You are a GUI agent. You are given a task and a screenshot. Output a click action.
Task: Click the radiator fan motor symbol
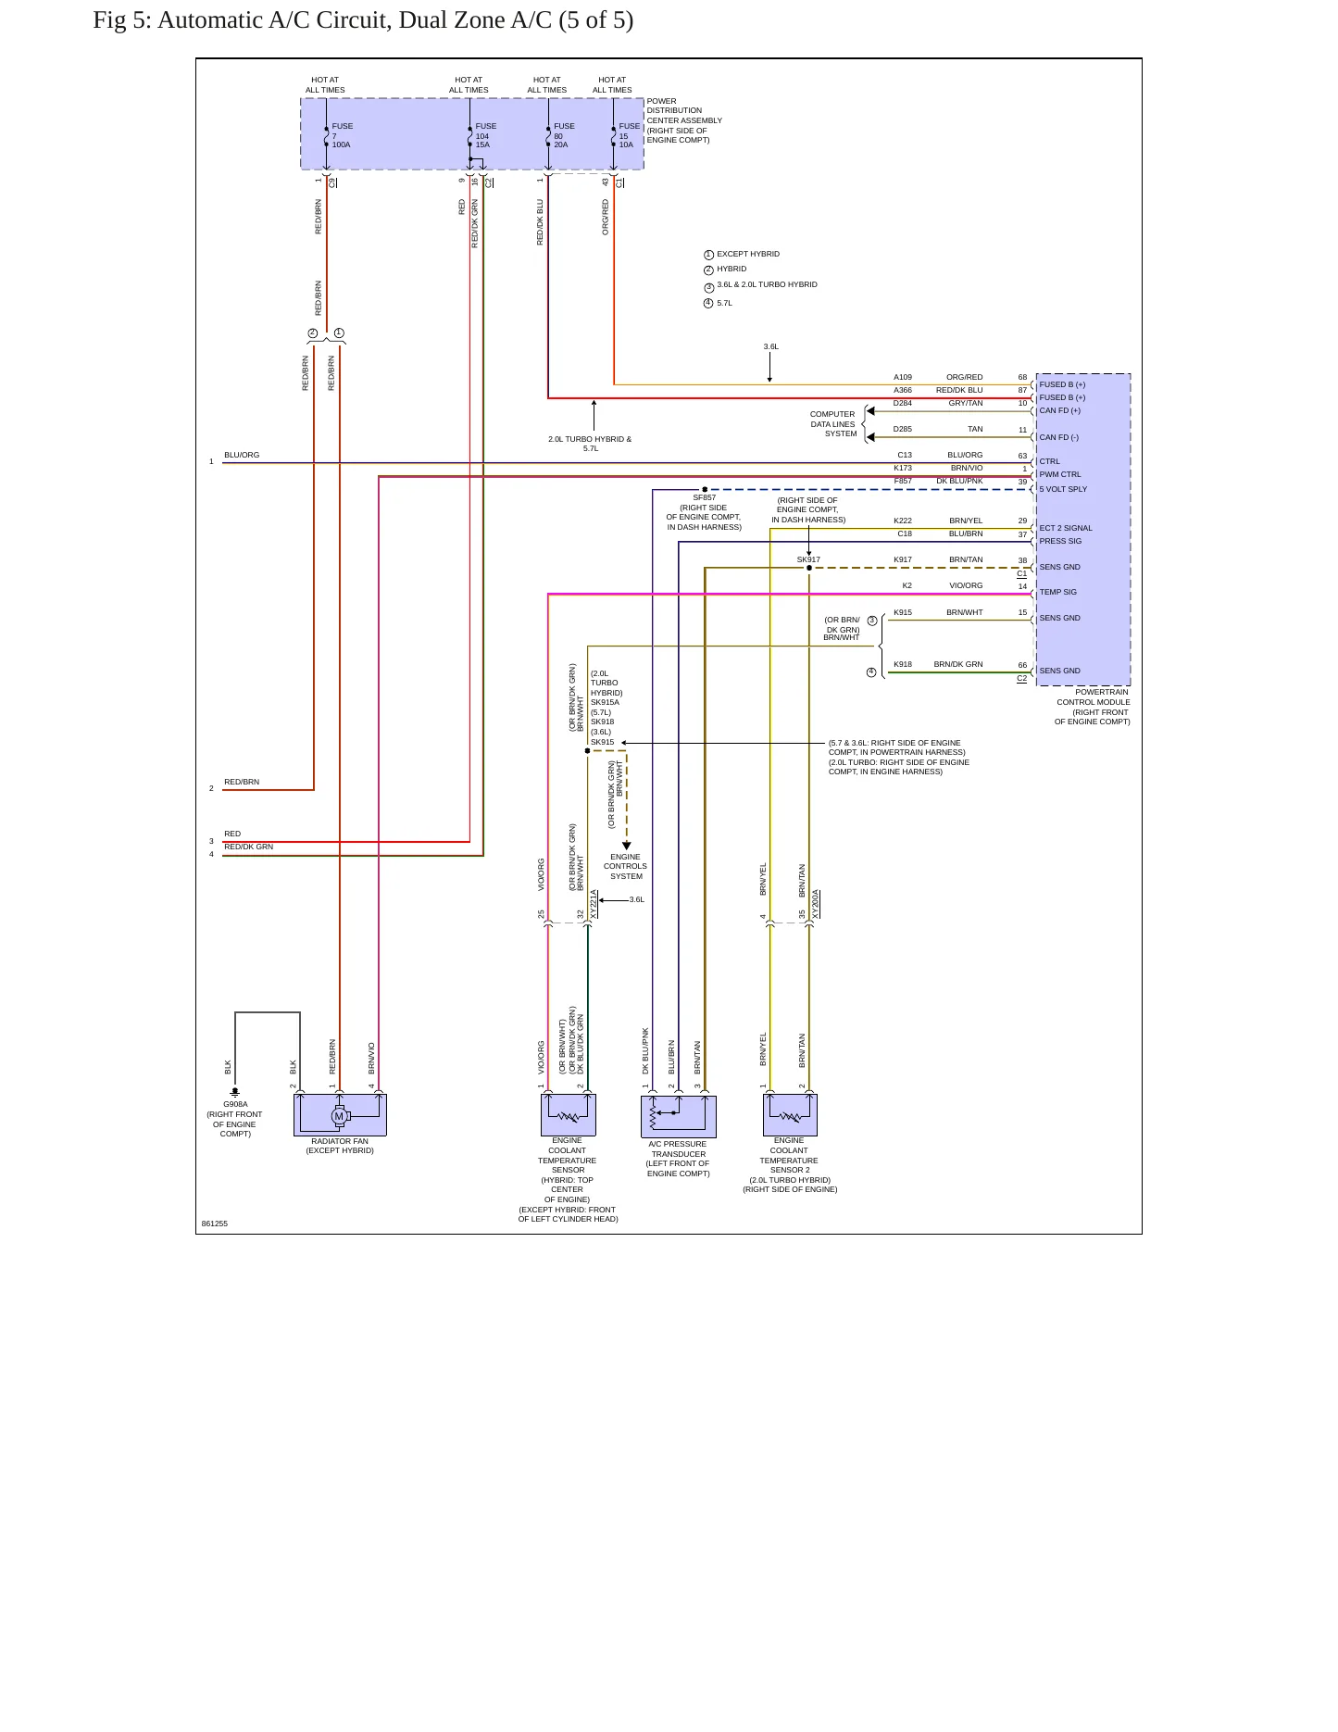339,1116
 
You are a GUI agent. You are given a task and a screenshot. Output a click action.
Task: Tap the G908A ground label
235,1104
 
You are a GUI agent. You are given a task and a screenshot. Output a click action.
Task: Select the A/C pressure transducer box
679,1116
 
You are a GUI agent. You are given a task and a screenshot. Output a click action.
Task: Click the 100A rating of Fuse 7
342,145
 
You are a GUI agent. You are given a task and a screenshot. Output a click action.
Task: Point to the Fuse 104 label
485,131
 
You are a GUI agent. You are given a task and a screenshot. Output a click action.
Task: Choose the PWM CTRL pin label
1060,474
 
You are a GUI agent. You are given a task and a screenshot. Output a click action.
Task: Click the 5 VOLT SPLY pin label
1063,489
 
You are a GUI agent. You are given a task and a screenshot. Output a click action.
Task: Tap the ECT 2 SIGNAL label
1066,528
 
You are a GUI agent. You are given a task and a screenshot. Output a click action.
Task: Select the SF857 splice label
705,498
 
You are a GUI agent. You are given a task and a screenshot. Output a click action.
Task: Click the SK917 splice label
808,559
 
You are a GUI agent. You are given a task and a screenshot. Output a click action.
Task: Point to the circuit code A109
903,377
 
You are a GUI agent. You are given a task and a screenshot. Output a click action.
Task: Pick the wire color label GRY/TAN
966,403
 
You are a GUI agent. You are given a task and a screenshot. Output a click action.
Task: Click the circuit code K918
903,664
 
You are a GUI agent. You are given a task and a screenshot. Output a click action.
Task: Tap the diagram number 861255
215,1224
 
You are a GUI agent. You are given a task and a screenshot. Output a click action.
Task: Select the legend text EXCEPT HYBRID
748,254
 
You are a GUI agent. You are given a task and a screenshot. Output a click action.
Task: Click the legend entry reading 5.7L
724,303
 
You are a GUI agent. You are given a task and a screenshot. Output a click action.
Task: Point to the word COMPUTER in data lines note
832,414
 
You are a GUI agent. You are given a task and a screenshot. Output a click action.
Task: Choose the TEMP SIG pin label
1058,592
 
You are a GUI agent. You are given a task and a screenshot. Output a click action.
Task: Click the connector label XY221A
594,904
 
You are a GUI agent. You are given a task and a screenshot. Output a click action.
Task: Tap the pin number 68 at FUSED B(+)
1022,377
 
